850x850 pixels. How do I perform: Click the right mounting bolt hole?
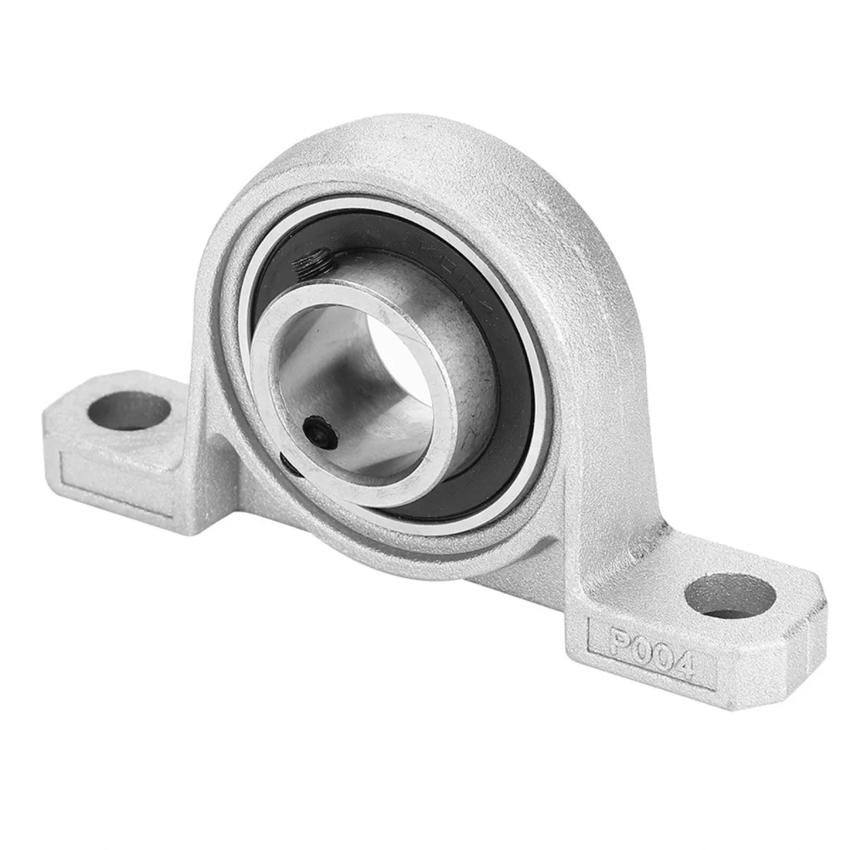(729, 596)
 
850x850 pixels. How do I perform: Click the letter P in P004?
(619, 640)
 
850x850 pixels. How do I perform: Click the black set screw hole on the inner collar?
(319, 428)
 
